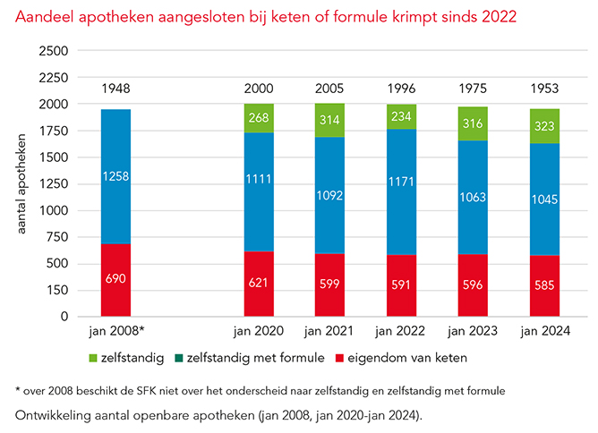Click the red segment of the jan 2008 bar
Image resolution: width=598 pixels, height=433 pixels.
pos(115,280)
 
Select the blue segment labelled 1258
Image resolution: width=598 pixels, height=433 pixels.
pos(115,176)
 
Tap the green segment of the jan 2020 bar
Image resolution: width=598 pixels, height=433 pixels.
pos(260,118)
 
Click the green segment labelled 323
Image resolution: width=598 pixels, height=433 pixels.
pos(545,127)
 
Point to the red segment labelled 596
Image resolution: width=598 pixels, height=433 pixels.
pos(474,284)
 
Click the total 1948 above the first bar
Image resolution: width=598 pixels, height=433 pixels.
pos(115,88)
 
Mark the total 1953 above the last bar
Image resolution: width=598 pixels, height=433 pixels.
pos(545,88)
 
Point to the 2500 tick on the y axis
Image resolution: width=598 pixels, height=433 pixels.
pos(56,51)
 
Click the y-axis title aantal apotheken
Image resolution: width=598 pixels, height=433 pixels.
pos(20,183)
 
